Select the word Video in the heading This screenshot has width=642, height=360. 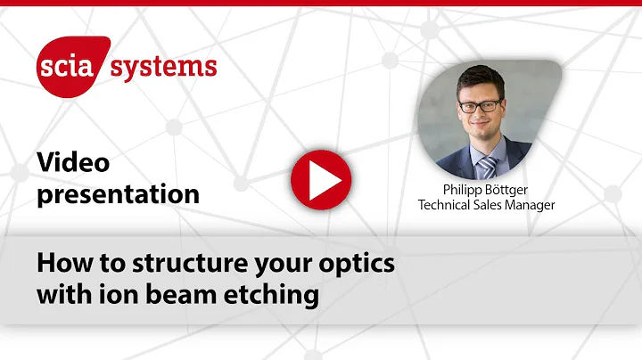73,162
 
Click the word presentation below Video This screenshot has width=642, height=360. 119,193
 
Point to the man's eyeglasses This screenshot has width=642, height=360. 480,105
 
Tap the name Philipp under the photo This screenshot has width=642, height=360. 468,191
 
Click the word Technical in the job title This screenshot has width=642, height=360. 449,205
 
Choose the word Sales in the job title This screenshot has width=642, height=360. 493,205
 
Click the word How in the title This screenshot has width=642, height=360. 60,265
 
